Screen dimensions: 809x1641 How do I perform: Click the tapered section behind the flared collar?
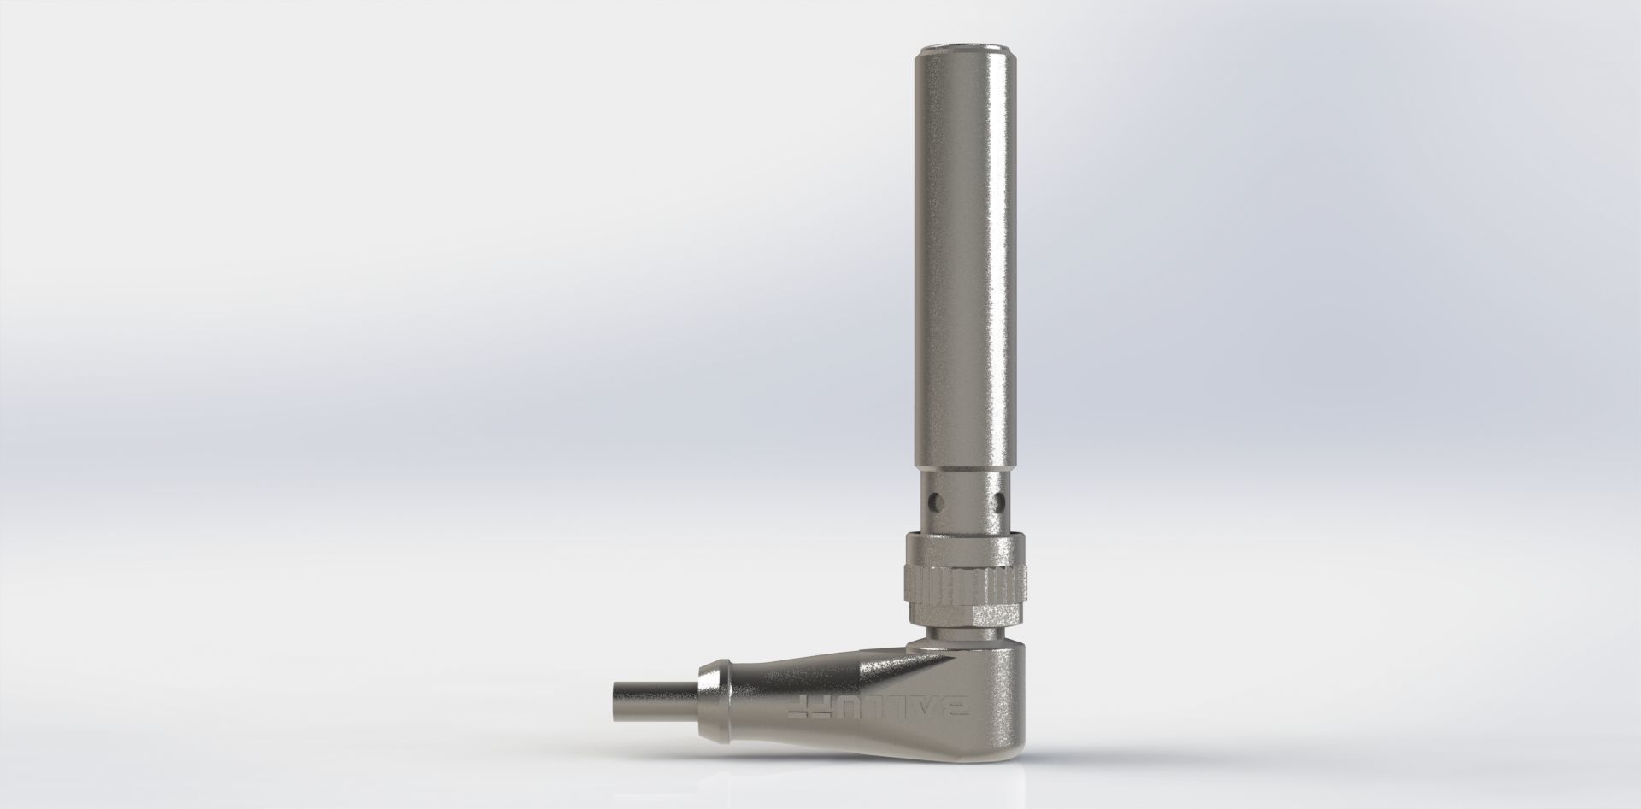(769, 692)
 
